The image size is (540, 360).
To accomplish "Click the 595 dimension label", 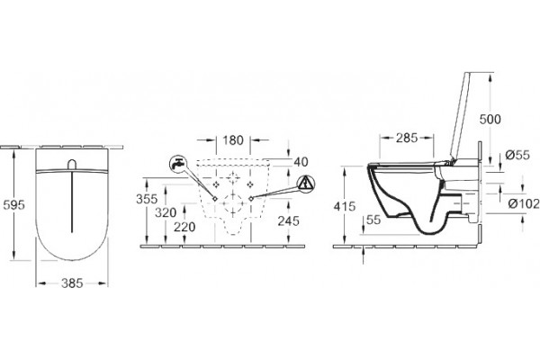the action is tap(14, 205).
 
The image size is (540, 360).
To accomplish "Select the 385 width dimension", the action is tap(72, 283).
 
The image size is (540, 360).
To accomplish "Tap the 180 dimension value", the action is tap(233, 140).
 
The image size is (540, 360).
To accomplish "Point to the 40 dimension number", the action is tap(301, 162).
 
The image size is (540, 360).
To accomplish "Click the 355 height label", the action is tap(147, 199).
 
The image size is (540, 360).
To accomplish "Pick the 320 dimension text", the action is tap(166, 213).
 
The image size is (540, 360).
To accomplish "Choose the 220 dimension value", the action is tap(184, 227).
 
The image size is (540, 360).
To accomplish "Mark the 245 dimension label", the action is tap(289, 220).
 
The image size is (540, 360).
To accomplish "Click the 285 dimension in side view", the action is tap(407, 138).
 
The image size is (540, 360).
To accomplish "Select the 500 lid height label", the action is tap(490, 119).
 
